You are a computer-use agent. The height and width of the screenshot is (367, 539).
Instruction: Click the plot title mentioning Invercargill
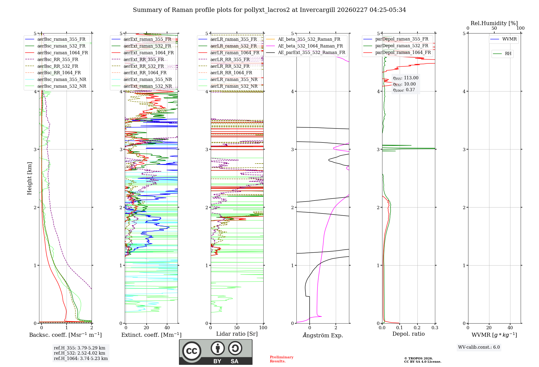coord(269,10)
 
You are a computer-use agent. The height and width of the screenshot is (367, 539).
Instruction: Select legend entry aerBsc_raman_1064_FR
coord(63,53)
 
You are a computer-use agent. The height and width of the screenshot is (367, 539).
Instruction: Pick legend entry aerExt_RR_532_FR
coord(144,66)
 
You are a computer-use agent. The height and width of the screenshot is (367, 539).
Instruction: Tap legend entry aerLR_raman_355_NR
coord(234,79)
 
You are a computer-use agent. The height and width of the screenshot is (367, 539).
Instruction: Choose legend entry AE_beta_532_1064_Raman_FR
coord(310,46)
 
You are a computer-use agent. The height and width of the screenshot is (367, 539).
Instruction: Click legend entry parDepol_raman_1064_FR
coord(403,52)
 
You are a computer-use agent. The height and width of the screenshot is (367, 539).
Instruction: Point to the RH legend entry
coord(508,54)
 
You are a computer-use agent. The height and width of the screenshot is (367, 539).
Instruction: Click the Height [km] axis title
coord(29,178)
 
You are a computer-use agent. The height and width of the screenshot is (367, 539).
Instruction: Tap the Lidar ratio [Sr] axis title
coord(237,334)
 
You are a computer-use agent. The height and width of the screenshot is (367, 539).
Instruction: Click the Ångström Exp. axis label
coord(323,335)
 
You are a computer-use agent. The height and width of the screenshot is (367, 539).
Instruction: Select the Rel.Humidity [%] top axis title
coord(494,23)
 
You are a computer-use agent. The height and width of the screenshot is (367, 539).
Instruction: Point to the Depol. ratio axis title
coord(408,334)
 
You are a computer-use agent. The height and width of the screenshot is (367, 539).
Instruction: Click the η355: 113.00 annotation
coord(406,78)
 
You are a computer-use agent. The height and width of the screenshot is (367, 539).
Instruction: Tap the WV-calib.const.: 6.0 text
coord(479,347)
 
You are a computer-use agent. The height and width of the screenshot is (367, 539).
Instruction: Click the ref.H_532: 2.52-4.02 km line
coord(80,353)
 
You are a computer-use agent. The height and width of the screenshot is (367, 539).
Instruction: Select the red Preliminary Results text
coord(281,359)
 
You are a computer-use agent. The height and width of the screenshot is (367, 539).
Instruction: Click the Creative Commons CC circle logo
coord(192,351)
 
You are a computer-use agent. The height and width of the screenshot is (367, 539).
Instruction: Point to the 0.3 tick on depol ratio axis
coord(435,328)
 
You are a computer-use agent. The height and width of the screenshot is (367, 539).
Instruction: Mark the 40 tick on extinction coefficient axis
coord(167,328)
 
